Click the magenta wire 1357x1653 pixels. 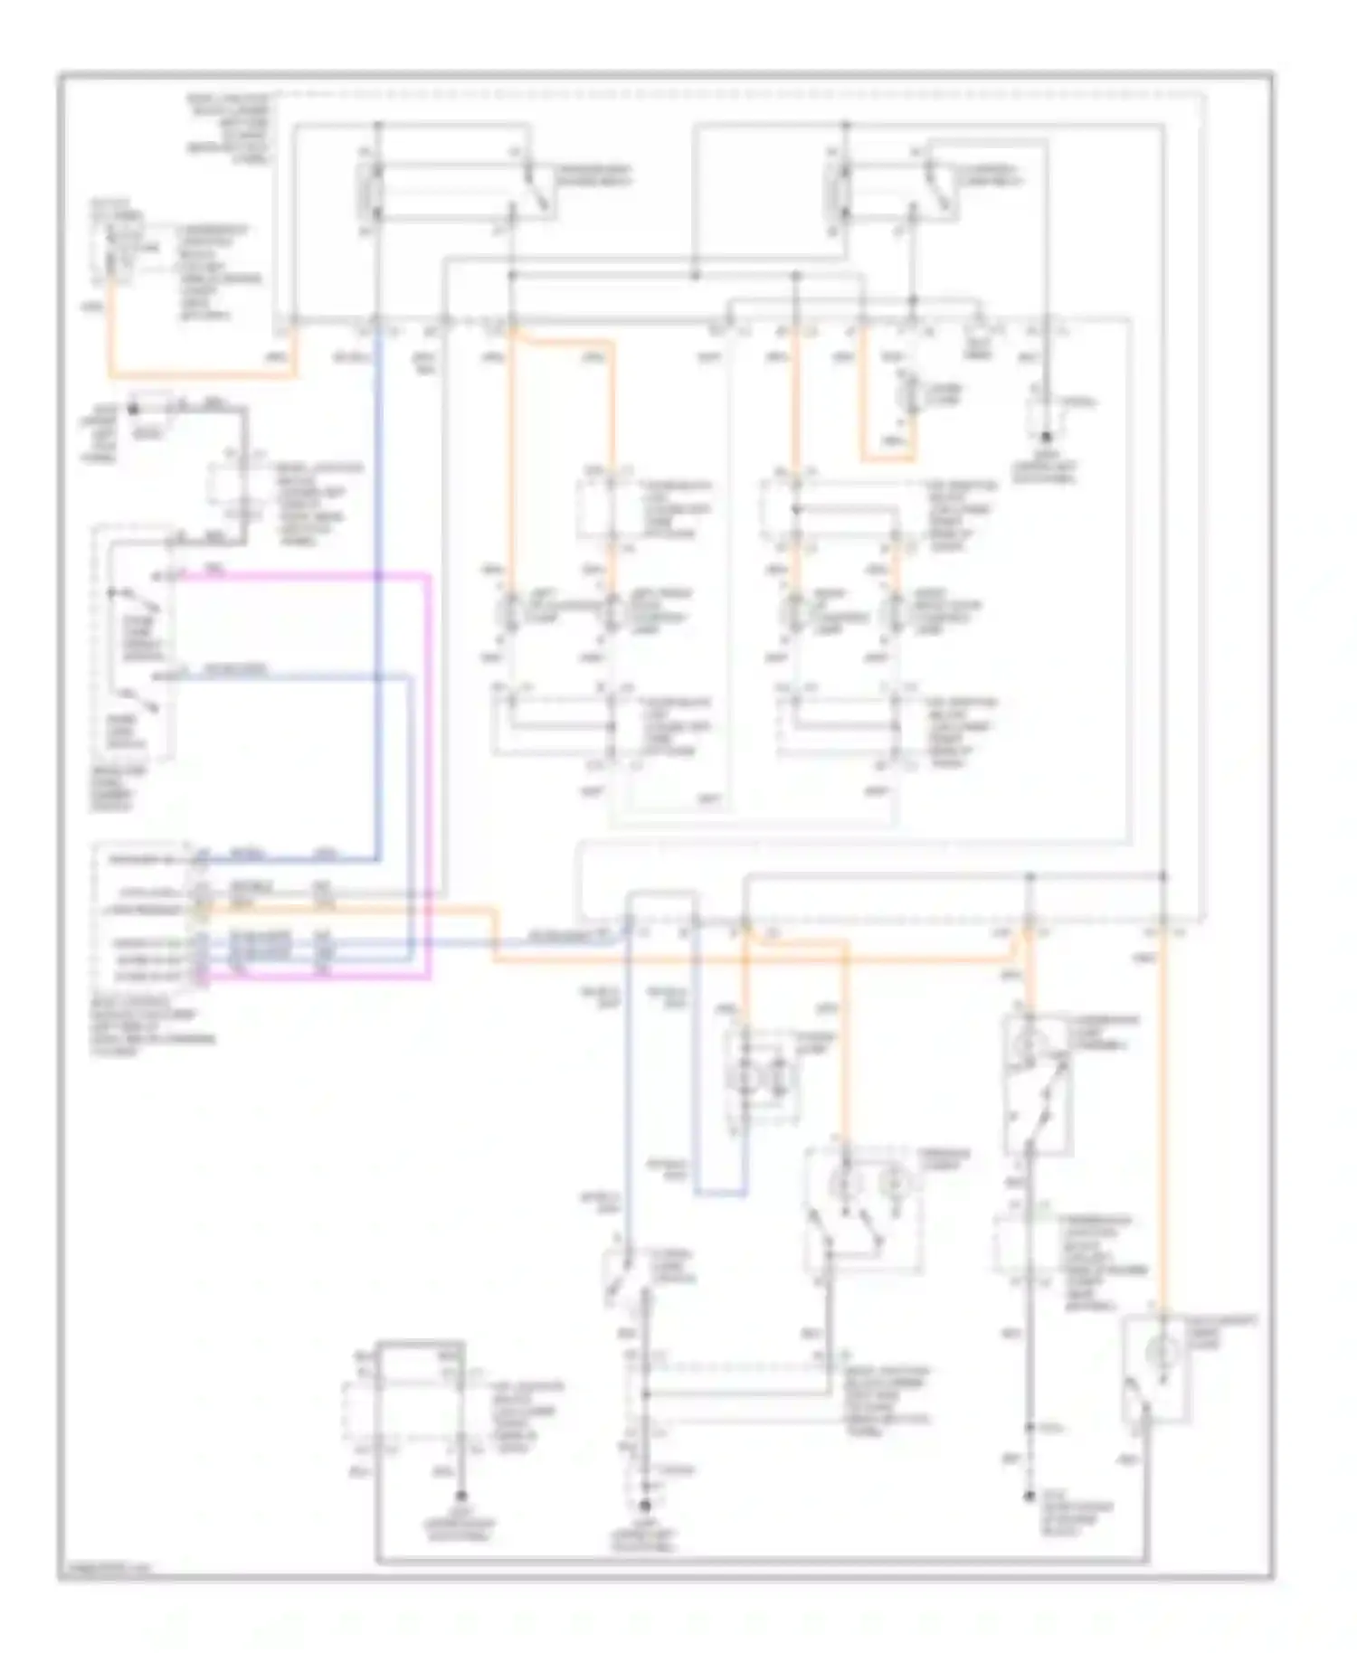coord(427,778)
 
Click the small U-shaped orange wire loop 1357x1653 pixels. coord(887,458)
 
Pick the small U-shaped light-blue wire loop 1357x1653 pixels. coord(720,1192)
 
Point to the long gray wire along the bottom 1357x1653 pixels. coord(760,1561)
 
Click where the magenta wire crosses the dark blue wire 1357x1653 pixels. coord(376,575)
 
